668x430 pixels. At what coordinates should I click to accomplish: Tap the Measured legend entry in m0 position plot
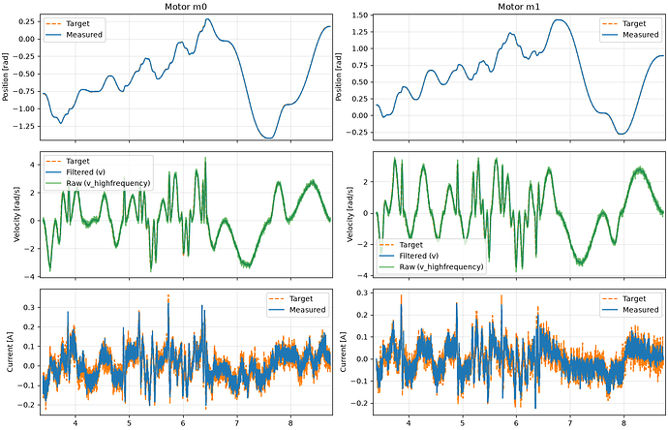[74, 35]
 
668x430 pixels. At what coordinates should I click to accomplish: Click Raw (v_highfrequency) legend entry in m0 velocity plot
[98, 183]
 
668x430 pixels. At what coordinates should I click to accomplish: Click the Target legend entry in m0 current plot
[290, 298]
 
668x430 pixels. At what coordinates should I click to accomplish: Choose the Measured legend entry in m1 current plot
[630, 310]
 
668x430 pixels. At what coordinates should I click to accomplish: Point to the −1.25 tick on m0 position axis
[26, 126]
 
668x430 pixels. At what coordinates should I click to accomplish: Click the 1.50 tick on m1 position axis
[360, 15]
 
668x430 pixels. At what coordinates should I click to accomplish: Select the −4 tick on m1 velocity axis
[365, 275]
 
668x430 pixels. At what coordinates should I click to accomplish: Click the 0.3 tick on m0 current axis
[30, 307]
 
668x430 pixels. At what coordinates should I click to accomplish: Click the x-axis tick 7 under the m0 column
[237, 423]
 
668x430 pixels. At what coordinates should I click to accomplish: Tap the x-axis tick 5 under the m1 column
[462, 423]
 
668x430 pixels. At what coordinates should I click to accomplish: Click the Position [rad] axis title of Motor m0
[6, 77]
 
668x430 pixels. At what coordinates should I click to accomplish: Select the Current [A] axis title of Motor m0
[10, 352]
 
